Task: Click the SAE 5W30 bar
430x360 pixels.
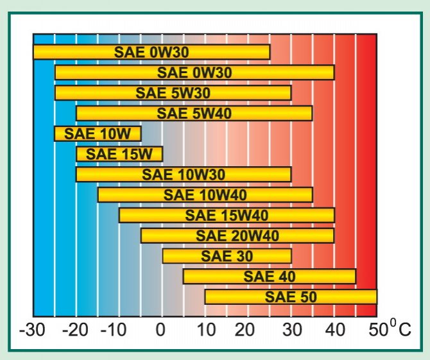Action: [173, 93]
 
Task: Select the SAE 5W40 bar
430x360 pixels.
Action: [194, 114]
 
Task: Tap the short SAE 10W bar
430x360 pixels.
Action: [98, 134]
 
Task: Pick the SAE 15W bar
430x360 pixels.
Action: [119, 154]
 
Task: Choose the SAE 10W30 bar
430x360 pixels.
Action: [184, 175]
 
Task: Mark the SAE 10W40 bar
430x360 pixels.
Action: [205, 195]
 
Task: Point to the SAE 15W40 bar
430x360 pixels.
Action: [227, 215]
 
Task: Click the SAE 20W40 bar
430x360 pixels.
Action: [237, 236]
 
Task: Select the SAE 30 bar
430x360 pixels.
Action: [227, 256]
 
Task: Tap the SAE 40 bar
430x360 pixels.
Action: [269, 277]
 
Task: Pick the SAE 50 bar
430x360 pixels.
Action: [291, 297]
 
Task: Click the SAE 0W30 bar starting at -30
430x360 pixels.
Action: [151, 52]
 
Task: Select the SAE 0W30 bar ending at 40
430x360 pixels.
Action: [194, 73]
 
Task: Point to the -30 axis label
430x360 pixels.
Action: [31, 332]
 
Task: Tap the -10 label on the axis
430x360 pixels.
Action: [118, 332]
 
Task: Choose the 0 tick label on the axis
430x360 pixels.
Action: [161, 332]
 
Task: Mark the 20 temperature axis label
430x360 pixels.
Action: [248, 332]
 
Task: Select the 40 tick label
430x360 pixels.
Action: [334, 332]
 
